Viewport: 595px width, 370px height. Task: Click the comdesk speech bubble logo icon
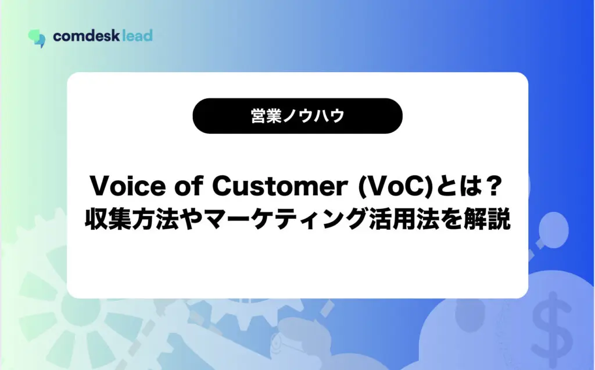[37, 38]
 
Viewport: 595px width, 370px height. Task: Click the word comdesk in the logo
[87, 36]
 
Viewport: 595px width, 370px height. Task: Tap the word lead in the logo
[138, 35]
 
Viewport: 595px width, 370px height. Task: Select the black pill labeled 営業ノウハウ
[297, 116]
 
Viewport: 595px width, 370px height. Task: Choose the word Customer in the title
[280, 186]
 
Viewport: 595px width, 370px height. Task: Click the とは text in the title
[457, 186]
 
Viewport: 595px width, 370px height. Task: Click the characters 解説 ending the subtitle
[488, 219]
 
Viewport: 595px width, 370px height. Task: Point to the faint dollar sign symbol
[552, 323]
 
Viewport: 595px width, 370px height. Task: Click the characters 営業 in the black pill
[266, 116]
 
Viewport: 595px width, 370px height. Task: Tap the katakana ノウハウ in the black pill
[313, 116]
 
